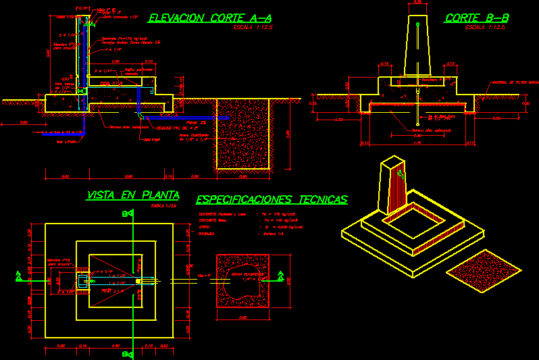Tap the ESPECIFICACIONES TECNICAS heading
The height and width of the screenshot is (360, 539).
click(x=272, y=199)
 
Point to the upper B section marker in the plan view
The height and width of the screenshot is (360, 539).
click(x=126, y=214)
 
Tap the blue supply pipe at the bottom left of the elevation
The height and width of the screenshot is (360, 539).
click(x=57, y=132)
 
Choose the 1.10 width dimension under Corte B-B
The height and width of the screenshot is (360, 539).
click(x=417, y=143)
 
